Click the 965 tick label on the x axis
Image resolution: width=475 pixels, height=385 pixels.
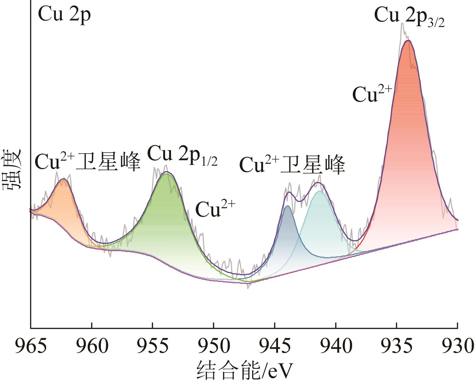point(31,346)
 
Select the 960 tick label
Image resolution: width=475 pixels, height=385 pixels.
point(92,346)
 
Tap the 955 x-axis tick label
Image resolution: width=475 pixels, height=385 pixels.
point(152,346)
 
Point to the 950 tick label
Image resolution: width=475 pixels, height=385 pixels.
point(214,346)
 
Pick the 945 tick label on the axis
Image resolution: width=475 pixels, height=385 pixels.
point(275,346)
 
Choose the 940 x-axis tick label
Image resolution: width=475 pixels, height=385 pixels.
point(335,346)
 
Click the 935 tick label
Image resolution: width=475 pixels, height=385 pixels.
point(397,346)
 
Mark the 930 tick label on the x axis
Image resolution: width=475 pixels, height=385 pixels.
point(457,346)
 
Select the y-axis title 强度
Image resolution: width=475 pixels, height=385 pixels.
point(12,169)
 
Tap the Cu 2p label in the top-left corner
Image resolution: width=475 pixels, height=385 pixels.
point(64,15)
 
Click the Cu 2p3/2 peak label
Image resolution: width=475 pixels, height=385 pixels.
point(409,17)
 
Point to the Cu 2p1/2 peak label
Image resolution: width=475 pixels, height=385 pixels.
point(182,155)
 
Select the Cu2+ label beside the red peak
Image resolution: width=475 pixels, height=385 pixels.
point(372,94)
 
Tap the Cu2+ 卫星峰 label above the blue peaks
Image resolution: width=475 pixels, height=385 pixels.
point(292,165)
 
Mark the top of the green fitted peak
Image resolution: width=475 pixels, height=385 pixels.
point(166,173)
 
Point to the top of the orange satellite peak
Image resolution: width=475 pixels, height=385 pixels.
point(63,180)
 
